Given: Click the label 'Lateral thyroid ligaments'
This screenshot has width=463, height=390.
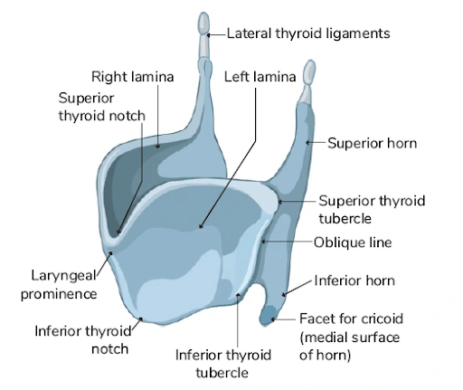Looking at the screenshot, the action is (308, 33).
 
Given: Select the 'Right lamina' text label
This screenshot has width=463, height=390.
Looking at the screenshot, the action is (133, 77).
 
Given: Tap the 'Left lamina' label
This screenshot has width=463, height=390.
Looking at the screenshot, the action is (260, 77).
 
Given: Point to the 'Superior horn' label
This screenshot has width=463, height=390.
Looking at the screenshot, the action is (373, 143).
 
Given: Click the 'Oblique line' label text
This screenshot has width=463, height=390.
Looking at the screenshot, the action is (353, 243).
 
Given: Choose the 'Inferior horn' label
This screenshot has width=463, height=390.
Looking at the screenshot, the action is (354, 281).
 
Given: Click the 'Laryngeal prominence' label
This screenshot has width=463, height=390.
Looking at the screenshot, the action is (59, 285).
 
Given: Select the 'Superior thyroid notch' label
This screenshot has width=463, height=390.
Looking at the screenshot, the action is (102, 107).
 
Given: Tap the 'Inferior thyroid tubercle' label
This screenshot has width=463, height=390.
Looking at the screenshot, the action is (223, 364).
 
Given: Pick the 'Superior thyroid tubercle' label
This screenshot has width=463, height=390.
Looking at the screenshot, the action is (372, 210).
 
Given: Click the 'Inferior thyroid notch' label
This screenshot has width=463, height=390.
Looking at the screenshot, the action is (83, 340).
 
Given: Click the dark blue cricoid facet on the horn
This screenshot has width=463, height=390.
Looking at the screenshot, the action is (268, 316).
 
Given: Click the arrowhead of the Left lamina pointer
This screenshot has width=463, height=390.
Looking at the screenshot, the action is (201, 226).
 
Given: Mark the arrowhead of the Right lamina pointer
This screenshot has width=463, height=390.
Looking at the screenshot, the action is (157, 146).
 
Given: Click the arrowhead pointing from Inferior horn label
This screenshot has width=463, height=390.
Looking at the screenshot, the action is (284, 294).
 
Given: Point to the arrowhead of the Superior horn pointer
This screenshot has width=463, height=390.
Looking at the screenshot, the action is (307, 142).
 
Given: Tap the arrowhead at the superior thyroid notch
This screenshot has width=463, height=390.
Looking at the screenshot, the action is (118, 232).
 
